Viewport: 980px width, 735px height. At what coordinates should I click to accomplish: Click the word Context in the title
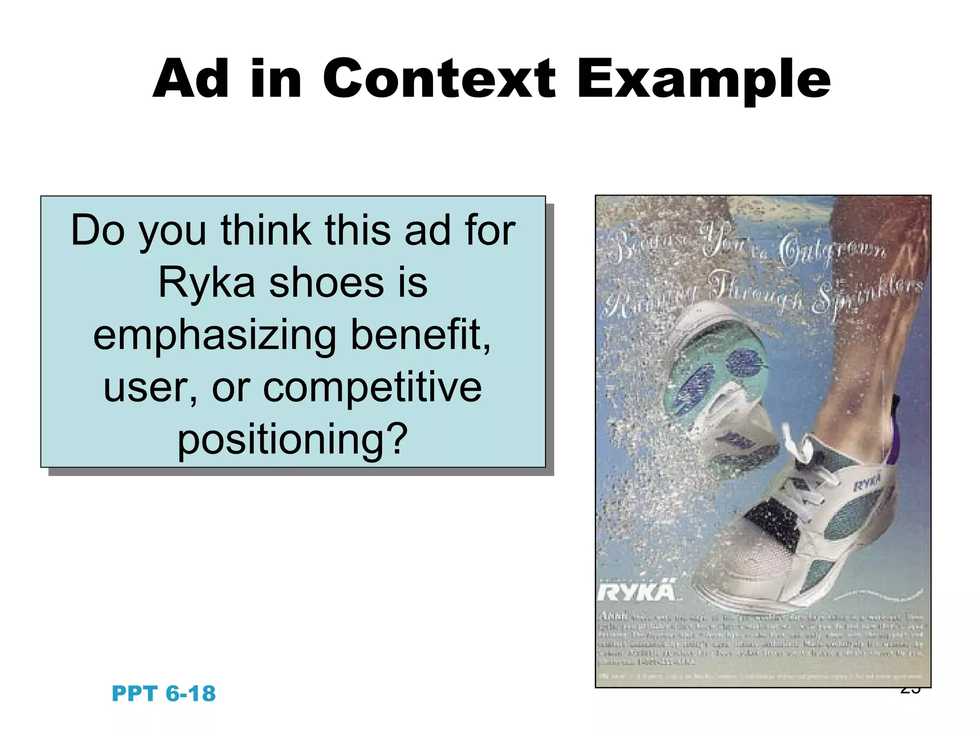(439, 79)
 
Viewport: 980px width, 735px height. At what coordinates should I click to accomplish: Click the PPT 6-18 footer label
(164, 693)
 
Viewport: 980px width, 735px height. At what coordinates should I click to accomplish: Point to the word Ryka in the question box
(207, 282)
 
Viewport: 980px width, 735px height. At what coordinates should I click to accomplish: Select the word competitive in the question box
(372, 387)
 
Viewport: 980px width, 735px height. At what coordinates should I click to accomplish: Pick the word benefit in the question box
(420, 335)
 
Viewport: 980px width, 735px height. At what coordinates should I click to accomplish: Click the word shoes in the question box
(326, 282)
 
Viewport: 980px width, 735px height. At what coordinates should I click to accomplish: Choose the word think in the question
(266, 231)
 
